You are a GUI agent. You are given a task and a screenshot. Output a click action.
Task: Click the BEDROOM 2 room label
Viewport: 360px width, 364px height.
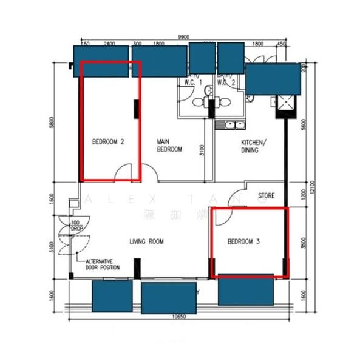(x=108, y=142)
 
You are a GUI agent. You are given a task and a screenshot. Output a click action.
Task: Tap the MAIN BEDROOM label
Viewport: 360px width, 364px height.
(x=169, y=146)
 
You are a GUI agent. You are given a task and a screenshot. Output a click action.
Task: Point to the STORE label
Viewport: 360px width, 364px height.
(x=267, y=196)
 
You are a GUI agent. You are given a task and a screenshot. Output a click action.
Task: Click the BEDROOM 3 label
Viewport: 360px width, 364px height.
(x=243, y=241)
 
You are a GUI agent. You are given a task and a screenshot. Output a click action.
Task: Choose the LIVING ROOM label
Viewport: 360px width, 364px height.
(x=147, y=241)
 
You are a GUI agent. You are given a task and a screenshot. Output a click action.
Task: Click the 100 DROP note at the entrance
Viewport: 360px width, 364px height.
(x=75, y=227)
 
